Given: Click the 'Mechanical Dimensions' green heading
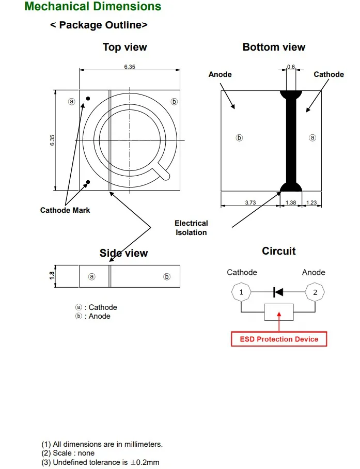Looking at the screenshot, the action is (92, 6).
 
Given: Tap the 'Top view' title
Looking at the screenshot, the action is (125, 47).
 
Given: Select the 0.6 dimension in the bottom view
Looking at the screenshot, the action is (291, 67).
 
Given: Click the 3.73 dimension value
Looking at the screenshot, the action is (251, 202).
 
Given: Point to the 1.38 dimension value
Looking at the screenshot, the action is (291, 202).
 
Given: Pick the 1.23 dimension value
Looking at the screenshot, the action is (311, 202).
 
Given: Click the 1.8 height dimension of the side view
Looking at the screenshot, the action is (52, 275).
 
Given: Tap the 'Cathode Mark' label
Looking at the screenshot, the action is (65, 210).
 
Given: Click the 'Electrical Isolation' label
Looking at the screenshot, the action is (191, 228).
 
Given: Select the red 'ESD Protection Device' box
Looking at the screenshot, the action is (279, 339).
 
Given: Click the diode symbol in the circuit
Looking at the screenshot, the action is (278, 292).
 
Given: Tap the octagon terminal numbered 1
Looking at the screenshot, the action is (241, 292).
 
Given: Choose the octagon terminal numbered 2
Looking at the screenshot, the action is (315, 292).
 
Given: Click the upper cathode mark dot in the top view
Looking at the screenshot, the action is (88, 99).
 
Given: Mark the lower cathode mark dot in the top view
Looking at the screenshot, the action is (88, 182).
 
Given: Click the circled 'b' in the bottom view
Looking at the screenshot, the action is (239, 138).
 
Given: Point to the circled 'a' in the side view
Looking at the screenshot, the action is (92, 277).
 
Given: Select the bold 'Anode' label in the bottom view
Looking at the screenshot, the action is (220, 74).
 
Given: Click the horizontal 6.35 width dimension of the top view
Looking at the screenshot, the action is (130, 67).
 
